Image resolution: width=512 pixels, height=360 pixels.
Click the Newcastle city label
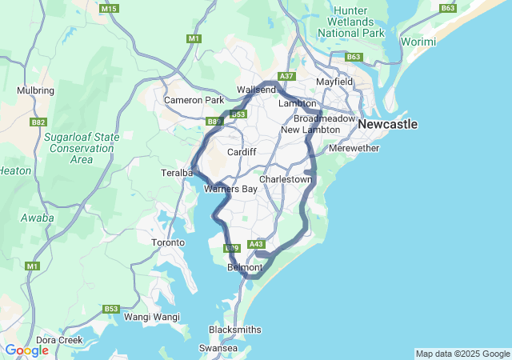click(x=388, y=125)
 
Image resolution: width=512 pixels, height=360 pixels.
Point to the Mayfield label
click(x=334, y=82)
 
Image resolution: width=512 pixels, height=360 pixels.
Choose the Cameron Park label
click(x=194, y=100)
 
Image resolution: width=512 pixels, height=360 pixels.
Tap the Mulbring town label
click(x=34, y=91)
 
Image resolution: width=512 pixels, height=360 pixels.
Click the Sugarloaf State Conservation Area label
click(x=82, y=148)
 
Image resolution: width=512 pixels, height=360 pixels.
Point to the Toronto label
click(x=168, y=242)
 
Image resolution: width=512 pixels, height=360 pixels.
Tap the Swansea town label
click(x=218, y=349)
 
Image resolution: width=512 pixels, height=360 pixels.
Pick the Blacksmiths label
click(x=234, y=330)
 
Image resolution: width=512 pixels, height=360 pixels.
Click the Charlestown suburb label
click(x=286, y=180)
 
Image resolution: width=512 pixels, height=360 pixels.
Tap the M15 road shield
click(x=110, y=8)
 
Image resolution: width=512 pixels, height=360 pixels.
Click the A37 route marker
click(x=286, y=76)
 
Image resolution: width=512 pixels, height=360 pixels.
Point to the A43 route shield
click(x=256, y=244)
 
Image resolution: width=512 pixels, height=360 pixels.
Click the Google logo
click(x=26, y=350)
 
